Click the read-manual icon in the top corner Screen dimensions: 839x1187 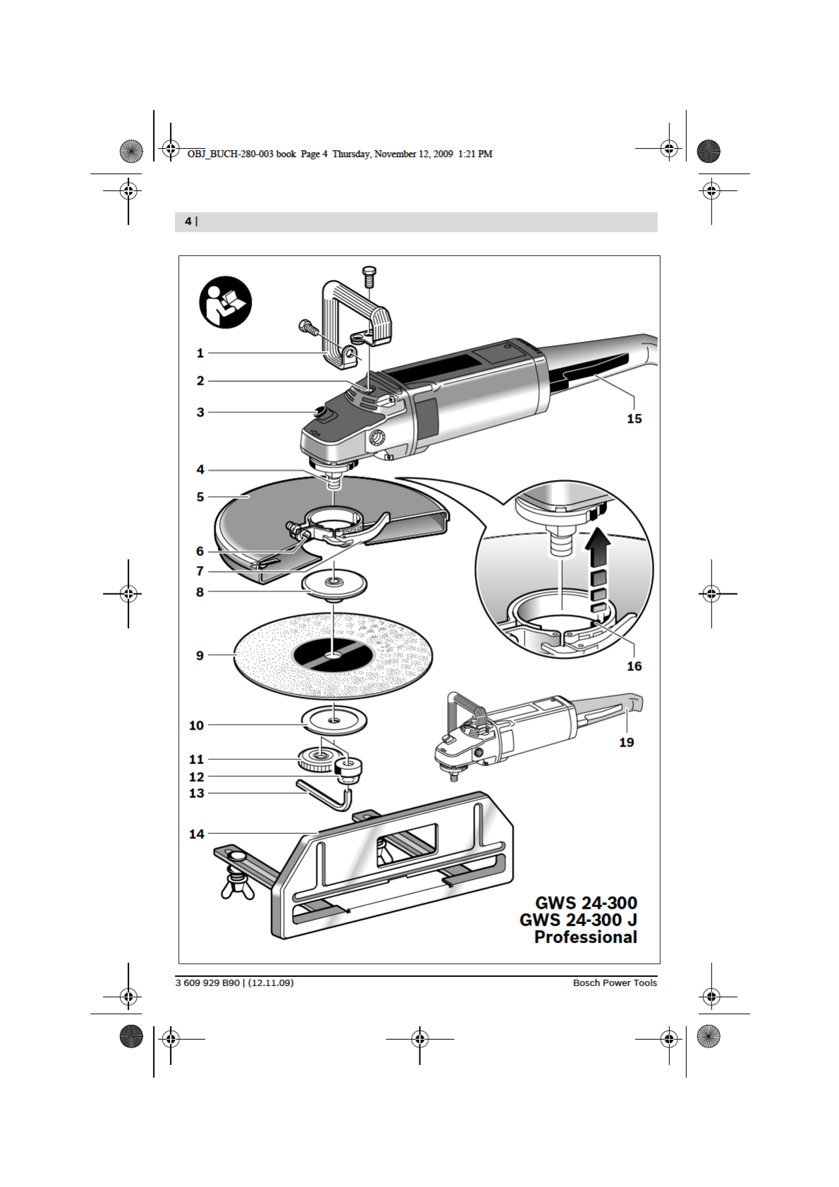click(x=225, y=302)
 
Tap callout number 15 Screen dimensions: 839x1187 click(x=634, y=419)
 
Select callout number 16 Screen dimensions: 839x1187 click(x=634, y=666)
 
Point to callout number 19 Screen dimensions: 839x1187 click(x=627, y=742)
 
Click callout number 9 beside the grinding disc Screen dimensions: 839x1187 click(x=200, y=656)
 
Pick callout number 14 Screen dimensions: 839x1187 click(x=197, y=834)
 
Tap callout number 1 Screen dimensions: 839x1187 click(x=200, y=353)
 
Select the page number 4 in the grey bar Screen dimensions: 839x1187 click(x=188, y=221)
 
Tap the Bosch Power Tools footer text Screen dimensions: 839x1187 click(x=615, y=983)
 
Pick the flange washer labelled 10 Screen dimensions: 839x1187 click(x=334, y=722)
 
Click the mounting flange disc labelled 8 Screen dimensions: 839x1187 click(x=334, y=585)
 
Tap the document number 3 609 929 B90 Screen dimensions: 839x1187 click(x=207, y=983)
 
